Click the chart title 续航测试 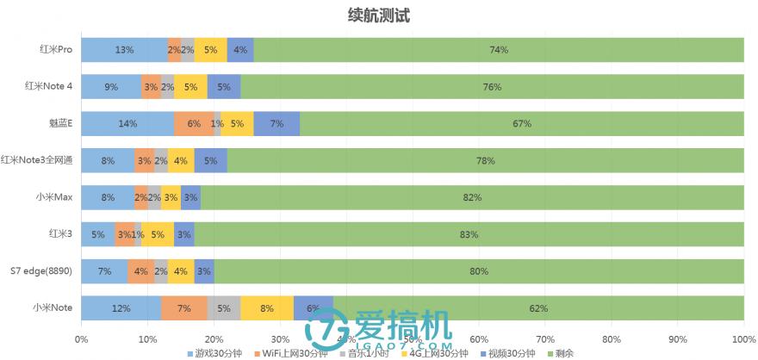tap(378, 15)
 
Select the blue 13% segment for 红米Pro tap(124, 50)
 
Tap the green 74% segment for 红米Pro tap(499, 50)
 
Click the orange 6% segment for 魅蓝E tap(194, 124)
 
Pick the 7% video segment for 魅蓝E tap(276, 124)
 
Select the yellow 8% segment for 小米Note tap(267, 307)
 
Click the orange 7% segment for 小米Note tap(183, 307)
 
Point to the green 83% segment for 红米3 tap(469, 234)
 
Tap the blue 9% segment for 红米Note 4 tap(111, 87)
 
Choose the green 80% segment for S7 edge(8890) tap(479, 271)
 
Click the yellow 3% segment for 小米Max tap(171, 197)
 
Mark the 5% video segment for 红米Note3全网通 tap(210, 160)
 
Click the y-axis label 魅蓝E tap(60, 124)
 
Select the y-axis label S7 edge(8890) tap(40, 271)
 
